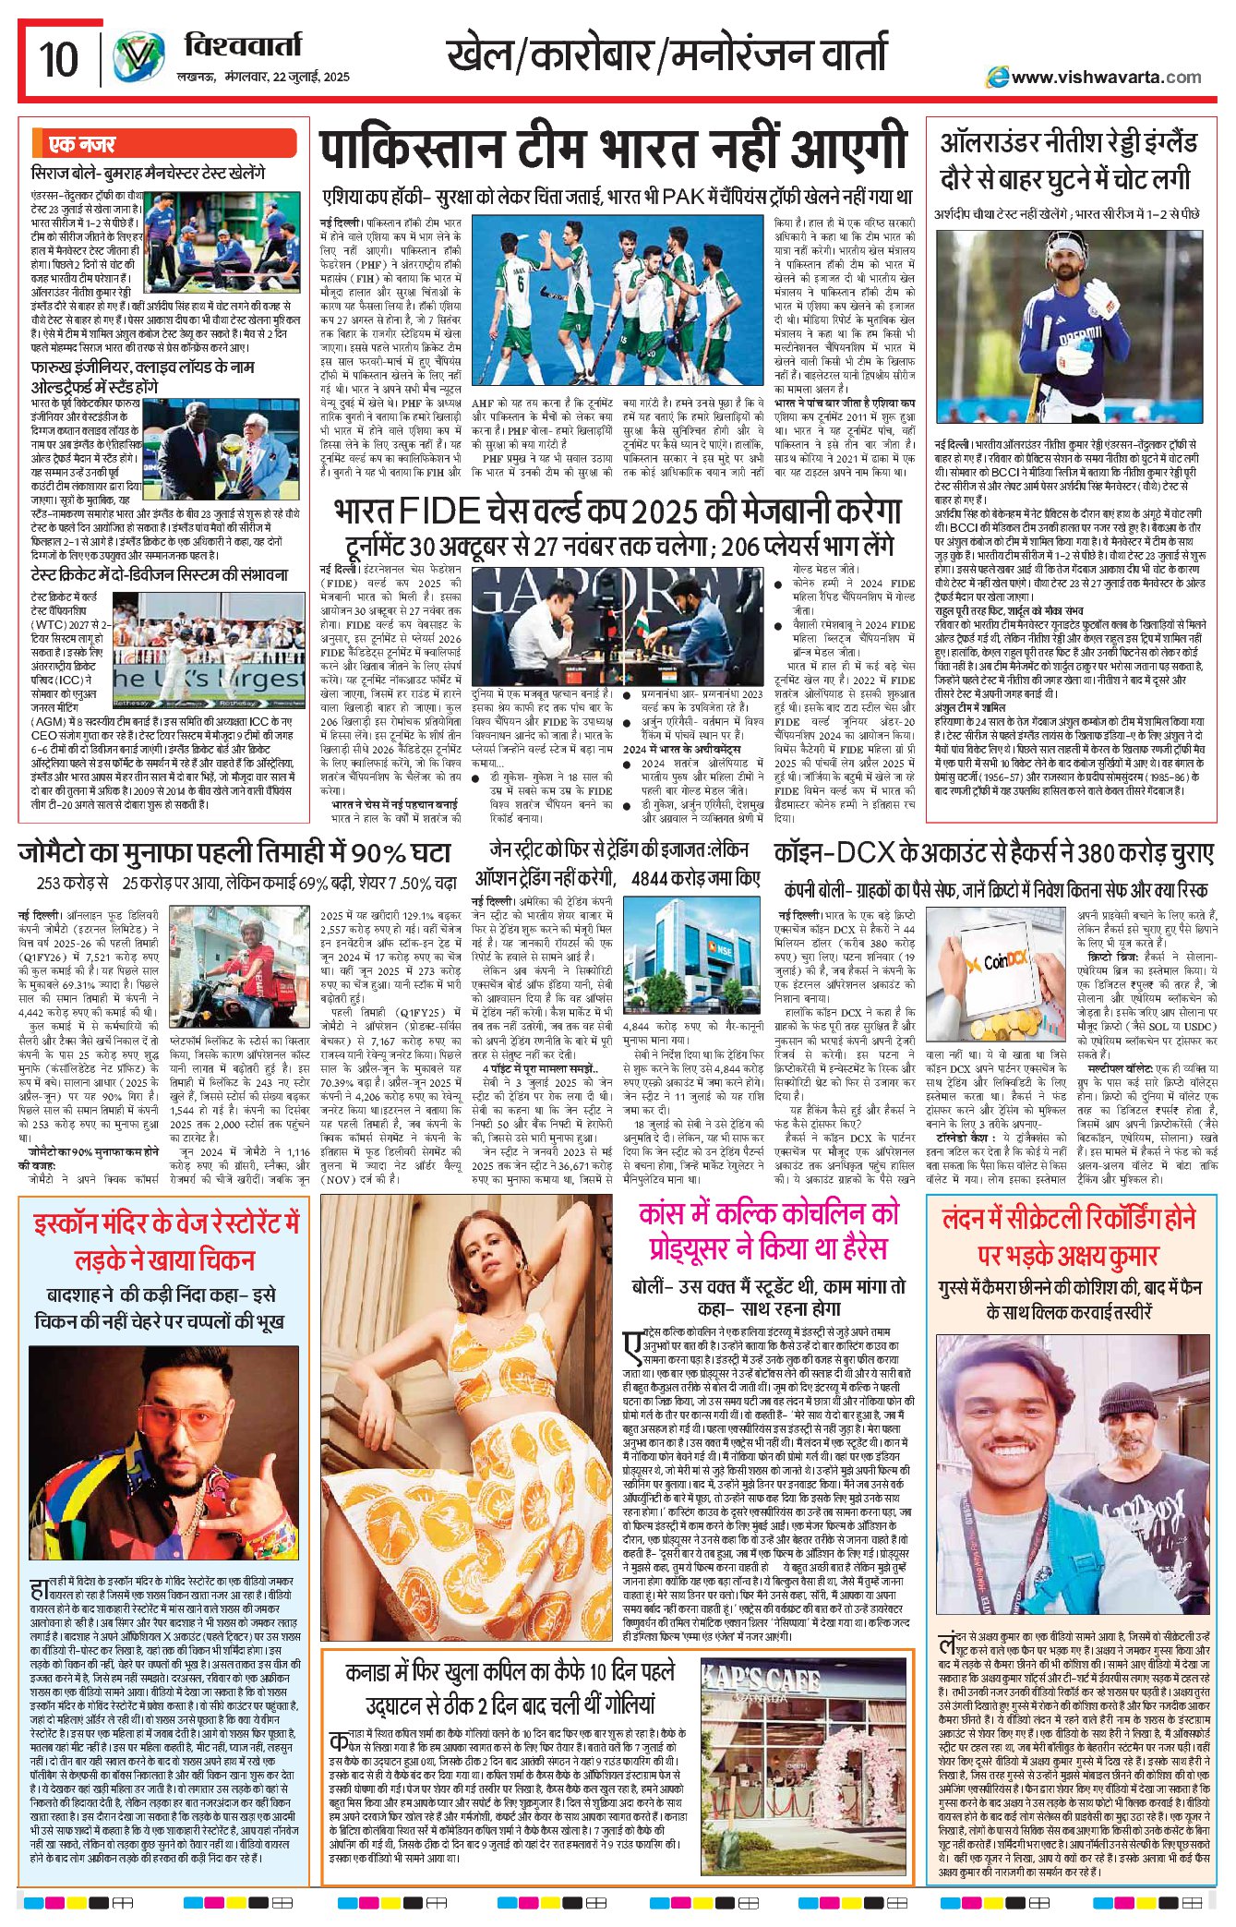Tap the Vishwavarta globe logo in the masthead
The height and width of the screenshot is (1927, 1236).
click(x=139, y=57)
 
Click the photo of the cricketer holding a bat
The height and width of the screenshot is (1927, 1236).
click(x=1069, y=328)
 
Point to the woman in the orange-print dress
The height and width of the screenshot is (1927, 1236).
click(x=466, y=1413)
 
